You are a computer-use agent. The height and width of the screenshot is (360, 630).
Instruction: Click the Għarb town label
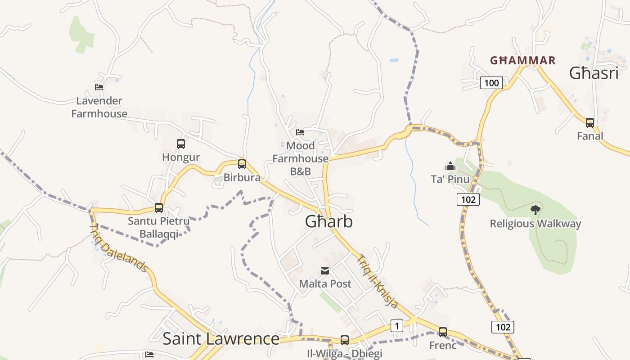[328, 221]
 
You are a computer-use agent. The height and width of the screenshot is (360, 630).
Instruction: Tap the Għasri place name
[594, 73]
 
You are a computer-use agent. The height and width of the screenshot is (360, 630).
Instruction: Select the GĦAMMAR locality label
[522, 60]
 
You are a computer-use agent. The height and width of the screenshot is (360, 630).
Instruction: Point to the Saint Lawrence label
[220, 338]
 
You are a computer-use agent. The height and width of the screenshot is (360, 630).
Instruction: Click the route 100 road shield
[491, 83]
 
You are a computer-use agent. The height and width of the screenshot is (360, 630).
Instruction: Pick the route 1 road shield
[396, 326]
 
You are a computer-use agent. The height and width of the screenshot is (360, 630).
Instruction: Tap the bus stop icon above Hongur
[181, 144]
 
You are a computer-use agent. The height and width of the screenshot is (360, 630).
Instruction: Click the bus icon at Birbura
[242, 164]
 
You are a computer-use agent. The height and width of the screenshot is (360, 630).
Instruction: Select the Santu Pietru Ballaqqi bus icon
[159, 208]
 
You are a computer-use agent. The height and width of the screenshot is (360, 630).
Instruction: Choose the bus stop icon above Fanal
[590, 122]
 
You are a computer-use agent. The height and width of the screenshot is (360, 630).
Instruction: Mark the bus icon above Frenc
[443, 332]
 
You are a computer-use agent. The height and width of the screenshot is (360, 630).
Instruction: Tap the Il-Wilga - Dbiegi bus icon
[345, 340]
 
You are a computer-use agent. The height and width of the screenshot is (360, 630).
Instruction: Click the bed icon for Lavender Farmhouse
[99, 87]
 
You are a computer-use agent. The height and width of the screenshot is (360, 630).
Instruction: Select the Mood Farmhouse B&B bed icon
[300, 132]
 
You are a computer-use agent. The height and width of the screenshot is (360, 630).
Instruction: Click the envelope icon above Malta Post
[325, 271]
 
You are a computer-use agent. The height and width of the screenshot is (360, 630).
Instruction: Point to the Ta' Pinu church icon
[450, 166]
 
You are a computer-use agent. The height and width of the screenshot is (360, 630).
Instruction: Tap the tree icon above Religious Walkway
[535, 210]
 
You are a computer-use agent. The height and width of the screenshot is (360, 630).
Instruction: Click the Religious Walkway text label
[535, 224]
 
